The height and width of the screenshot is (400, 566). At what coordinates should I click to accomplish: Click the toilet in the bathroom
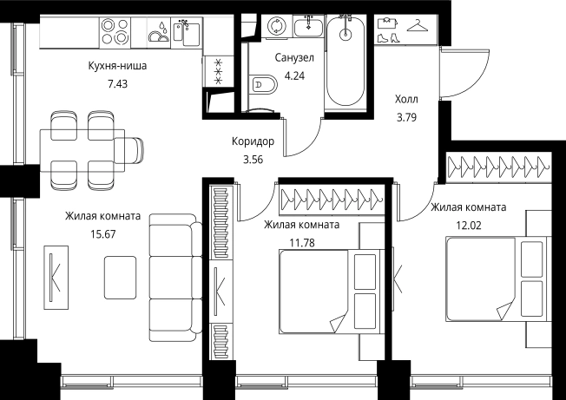[x=262, y=85]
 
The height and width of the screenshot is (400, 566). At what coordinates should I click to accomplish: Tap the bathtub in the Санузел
[x=346, y=62]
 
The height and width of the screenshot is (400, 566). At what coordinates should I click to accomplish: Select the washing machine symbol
[x=277, y=26]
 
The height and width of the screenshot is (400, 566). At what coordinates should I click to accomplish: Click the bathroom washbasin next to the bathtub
[x=308, y=27]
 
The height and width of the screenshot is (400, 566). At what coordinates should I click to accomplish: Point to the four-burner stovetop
[x=115, y=31]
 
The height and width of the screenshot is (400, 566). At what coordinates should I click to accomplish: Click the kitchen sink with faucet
[x=187, y=32]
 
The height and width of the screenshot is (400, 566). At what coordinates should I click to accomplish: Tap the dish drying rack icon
[x=159, y=33]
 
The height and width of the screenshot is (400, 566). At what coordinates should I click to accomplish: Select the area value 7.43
[x=118, y=84]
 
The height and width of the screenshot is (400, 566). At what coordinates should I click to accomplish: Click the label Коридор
[x=253, y=141]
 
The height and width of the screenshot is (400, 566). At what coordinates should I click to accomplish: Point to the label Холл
[x=406, y=99]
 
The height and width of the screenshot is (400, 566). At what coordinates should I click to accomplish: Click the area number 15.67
[x=103, y=234]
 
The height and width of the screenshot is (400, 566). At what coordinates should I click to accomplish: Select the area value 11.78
[x=302, y=243]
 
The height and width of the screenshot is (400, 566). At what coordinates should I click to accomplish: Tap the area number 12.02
[x=469, y=226]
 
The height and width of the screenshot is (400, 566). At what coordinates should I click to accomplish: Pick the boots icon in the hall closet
[x=389, y=37]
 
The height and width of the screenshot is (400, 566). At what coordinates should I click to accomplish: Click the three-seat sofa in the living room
[x=175, y=277]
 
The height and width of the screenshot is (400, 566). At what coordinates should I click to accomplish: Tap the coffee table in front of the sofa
[x=120, y=278]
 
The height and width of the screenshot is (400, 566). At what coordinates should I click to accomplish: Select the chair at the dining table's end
[x=128, y=150]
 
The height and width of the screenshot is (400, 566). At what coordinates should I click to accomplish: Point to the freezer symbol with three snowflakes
[x=218, y=71]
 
